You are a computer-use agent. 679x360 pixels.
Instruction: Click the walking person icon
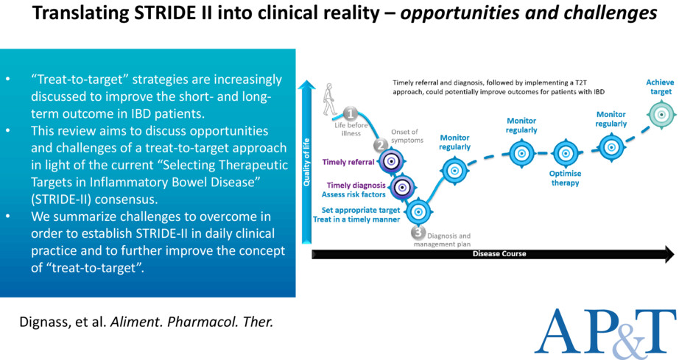(329, 99)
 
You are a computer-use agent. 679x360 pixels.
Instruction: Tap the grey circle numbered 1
(350, 114)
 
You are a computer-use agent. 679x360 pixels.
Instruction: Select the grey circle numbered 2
(381, 144)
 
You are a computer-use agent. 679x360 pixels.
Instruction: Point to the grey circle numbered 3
(418, 233)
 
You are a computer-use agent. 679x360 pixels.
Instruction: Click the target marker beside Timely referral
(392, 161)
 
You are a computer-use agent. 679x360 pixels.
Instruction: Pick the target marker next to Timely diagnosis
(402, 187)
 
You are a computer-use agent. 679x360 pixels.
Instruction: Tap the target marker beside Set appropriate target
(418, 211)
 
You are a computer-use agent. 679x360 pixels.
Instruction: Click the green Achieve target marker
(661, 115)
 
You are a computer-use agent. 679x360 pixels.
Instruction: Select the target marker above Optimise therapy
(565, 153)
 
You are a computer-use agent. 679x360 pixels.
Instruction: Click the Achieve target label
(660, 87)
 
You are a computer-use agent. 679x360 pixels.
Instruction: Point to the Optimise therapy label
(565, 178)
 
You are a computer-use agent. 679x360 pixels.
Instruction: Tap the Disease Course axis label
(499, 253)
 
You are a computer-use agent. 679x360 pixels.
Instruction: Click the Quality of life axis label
(306, 162)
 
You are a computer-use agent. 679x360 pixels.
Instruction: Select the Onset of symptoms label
(407, 136)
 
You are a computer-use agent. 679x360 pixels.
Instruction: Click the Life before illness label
(351, 129)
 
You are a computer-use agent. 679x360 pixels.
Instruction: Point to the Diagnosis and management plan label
(443, 240)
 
